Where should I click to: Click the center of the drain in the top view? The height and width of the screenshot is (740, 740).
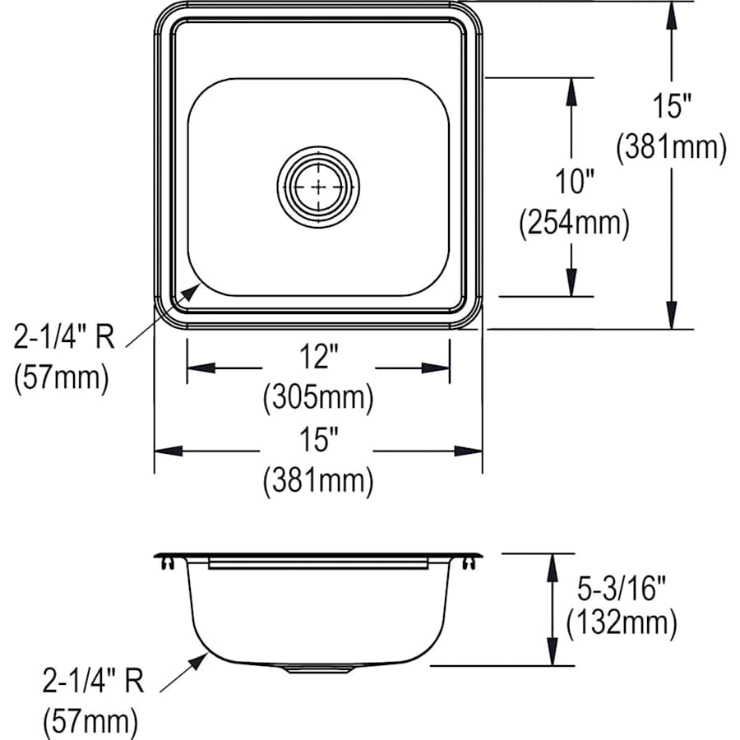tap(318, 187)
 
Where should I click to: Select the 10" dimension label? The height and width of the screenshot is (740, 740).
tap(573, 183)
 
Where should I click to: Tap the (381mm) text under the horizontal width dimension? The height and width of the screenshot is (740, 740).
tap(318, 481)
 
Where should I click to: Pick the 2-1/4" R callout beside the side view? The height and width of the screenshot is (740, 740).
tap(92, 682)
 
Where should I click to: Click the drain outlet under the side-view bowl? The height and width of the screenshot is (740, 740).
tap(318, 669)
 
